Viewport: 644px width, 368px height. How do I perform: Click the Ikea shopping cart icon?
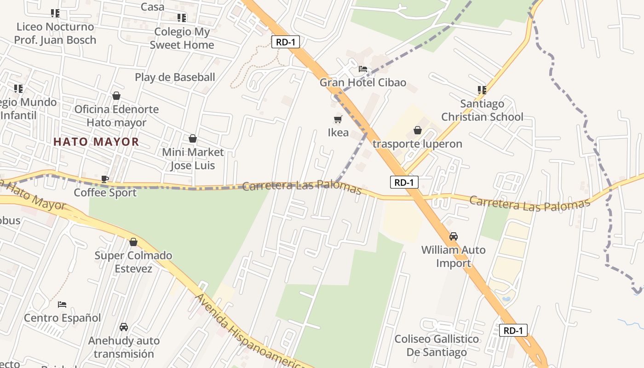338,120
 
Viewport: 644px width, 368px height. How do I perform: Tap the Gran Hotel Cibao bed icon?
363,69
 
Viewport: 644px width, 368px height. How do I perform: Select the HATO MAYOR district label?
96,142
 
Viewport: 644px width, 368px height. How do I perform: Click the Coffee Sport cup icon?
105,179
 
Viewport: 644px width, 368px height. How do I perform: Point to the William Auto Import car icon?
454,236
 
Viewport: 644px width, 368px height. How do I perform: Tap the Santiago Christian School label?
482,110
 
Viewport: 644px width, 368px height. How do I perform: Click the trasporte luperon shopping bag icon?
418,130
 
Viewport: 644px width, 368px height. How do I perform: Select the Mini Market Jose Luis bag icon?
193,138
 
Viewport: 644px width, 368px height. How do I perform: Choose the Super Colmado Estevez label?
133,262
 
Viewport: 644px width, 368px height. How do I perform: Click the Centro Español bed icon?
62,304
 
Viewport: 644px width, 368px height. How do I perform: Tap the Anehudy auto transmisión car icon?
124,327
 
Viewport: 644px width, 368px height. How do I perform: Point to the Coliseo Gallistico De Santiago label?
437,345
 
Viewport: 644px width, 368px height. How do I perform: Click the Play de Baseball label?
175,77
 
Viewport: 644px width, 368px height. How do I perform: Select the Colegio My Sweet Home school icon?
182,18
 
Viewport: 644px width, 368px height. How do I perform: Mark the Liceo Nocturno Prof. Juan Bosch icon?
55,13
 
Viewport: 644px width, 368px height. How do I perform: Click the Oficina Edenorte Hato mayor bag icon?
116,96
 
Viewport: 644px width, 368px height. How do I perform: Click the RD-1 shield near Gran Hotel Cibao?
286,42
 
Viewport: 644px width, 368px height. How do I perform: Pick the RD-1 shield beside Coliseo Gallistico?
513,330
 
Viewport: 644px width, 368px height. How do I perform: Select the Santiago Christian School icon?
482,90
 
